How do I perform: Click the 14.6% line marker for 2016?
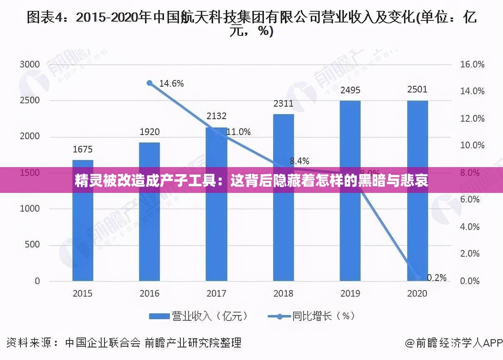150,83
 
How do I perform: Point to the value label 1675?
82,149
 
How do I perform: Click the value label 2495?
350,90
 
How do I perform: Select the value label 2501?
417,90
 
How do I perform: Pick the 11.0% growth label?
239,132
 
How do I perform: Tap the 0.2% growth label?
436,277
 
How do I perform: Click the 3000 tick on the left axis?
30,65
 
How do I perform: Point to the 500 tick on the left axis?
32,245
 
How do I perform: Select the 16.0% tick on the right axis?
472,65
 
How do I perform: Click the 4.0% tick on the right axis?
470,227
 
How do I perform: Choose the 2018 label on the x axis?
283,293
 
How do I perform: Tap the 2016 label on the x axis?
149,293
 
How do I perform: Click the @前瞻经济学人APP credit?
454,343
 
